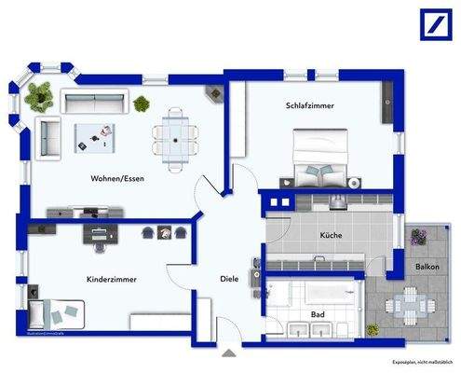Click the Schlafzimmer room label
(310, 105)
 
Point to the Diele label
(229, 278)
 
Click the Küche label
(330, 235)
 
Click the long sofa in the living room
(94, 100)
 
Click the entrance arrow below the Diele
(229, 352)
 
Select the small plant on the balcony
(373, 329)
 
